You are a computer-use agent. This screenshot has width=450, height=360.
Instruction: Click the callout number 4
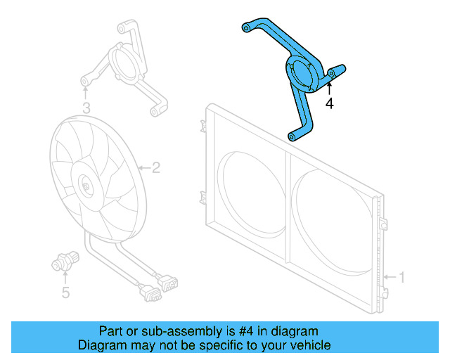[328, 103]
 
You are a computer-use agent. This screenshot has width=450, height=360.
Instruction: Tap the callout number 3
[86, 108]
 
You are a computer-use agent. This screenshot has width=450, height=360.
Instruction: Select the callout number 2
[155, 167]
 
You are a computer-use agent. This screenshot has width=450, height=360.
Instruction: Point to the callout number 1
[401, 277]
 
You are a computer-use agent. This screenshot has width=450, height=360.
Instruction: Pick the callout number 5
[65, 292]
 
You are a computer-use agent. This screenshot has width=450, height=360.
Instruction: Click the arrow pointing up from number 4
[328, 88]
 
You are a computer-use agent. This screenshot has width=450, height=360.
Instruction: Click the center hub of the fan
[86, 187]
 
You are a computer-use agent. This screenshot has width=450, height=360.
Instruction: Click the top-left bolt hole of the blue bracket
[246, 27]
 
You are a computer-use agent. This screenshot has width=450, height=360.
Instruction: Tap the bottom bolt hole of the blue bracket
[292, 136]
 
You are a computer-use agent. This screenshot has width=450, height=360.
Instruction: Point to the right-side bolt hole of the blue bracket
[331, 73]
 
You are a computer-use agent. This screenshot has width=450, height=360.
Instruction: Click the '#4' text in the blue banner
[243, 331]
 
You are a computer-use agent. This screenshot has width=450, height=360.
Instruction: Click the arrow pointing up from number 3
[86, 93]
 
